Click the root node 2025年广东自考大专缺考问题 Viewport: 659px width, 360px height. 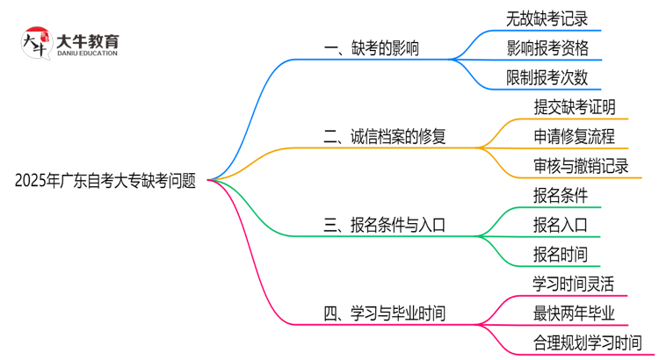pyautogui.click(x=105, y=181)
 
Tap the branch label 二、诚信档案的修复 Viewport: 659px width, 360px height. pyautogui.click(x=385, y=136)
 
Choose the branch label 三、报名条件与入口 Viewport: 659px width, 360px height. pyautogui.click(x=385, y=225)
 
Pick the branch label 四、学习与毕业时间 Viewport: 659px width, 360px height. pyautogui.click(x=385, y=313)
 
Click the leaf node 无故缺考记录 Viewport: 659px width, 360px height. pyautogui.click(x=547, y=18)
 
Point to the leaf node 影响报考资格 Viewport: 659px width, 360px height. pyautogui.click(x=547, y=47)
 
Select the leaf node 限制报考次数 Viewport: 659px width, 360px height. pyautogui.click(x=547, y=77)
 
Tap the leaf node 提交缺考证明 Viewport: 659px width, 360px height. pyautogui.click(x=574, y=106)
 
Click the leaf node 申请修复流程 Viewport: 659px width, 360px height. pyautogui.click(x=574, y=136)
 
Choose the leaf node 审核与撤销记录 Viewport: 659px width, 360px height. pyautogui.click(x=581, y=166)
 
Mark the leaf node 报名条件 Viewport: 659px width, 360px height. pyautogui.click(x=560, y=195)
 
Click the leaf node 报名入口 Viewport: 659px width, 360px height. pyautogui.click(x=560, y=225)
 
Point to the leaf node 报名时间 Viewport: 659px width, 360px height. pyautogui.click(x=560, y=255)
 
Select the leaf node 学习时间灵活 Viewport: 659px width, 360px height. pyautogui.click(x=574, y=284)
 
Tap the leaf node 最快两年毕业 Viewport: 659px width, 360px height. pyautogui.click(x=574, y=313)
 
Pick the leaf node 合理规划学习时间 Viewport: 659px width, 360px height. pyautogui.click(x=587, y=342)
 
